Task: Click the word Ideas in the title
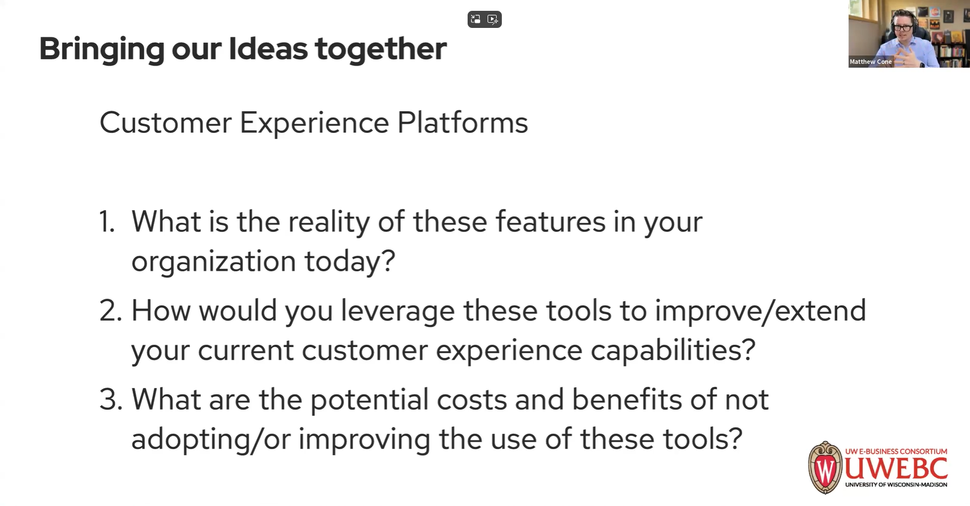(267, 48)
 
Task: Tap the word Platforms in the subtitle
(462, 123)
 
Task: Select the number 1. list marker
(107, 222)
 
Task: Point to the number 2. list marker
(111, 311)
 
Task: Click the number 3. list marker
(111, 399)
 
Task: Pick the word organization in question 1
(213, 262)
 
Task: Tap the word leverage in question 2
(397, 311)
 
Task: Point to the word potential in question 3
(369, 399)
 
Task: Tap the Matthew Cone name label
(870, 62)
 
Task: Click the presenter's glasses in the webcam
(903, 27)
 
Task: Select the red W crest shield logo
(825, 468)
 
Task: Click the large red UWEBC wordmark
(896, 468)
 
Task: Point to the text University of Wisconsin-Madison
(896, 485)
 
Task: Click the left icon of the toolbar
(476, 19)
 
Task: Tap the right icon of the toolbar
(493, 19)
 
